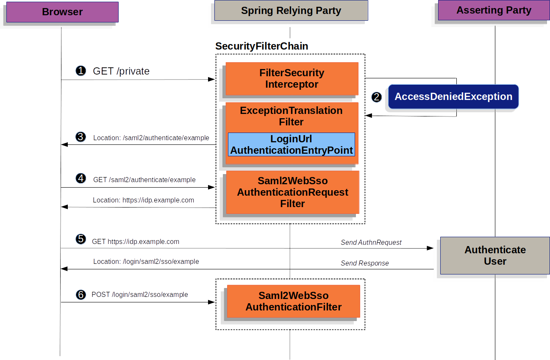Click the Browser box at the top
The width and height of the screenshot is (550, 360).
tap(62, 12)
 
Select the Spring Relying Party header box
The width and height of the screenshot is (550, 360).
tap(291, 11)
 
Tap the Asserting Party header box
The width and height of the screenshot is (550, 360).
tap(494, 10)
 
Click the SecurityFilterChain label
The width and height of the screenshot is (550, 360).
tap(261, 46)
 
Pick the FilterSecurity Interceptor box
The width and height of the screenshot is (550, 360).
tap(292, 79)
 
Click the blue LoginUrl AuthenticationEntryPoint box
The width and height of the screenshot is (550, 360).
tap(292, 144)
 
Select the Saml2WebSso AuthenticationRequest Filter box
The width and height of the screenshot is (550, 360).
tap(292, 192)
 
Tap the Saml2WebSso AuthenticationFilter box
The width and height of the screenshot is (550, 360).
tap(293, 301)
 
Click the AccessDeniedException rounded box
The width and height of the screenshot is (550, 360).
tap(453, 97)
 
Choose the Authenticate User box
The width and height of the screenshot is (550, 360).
tap(495, 255)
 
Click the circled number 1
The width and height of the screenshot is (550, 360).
tap(81, 71)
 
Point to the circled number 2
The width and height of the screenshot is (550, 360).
tap(377, 97)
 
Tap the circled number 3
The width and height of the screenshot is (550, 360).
tap(81, 137)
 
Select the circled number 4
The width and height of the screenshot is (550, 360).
tap(81, 179)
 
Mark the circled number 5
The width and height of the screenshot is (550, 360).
tap(81, 239)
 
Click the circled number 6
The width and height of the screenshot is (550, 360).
tap(81, 294)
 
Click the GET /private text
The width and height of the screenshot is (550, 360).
tap(121, 71)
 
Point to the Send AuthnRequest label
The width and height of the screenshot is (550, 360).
tap(371, 242)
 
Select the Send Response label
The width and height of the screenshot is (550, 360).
tap(364, 263)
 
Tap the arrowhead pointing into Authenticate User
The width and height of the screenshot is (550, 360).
tap(430, 248)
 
